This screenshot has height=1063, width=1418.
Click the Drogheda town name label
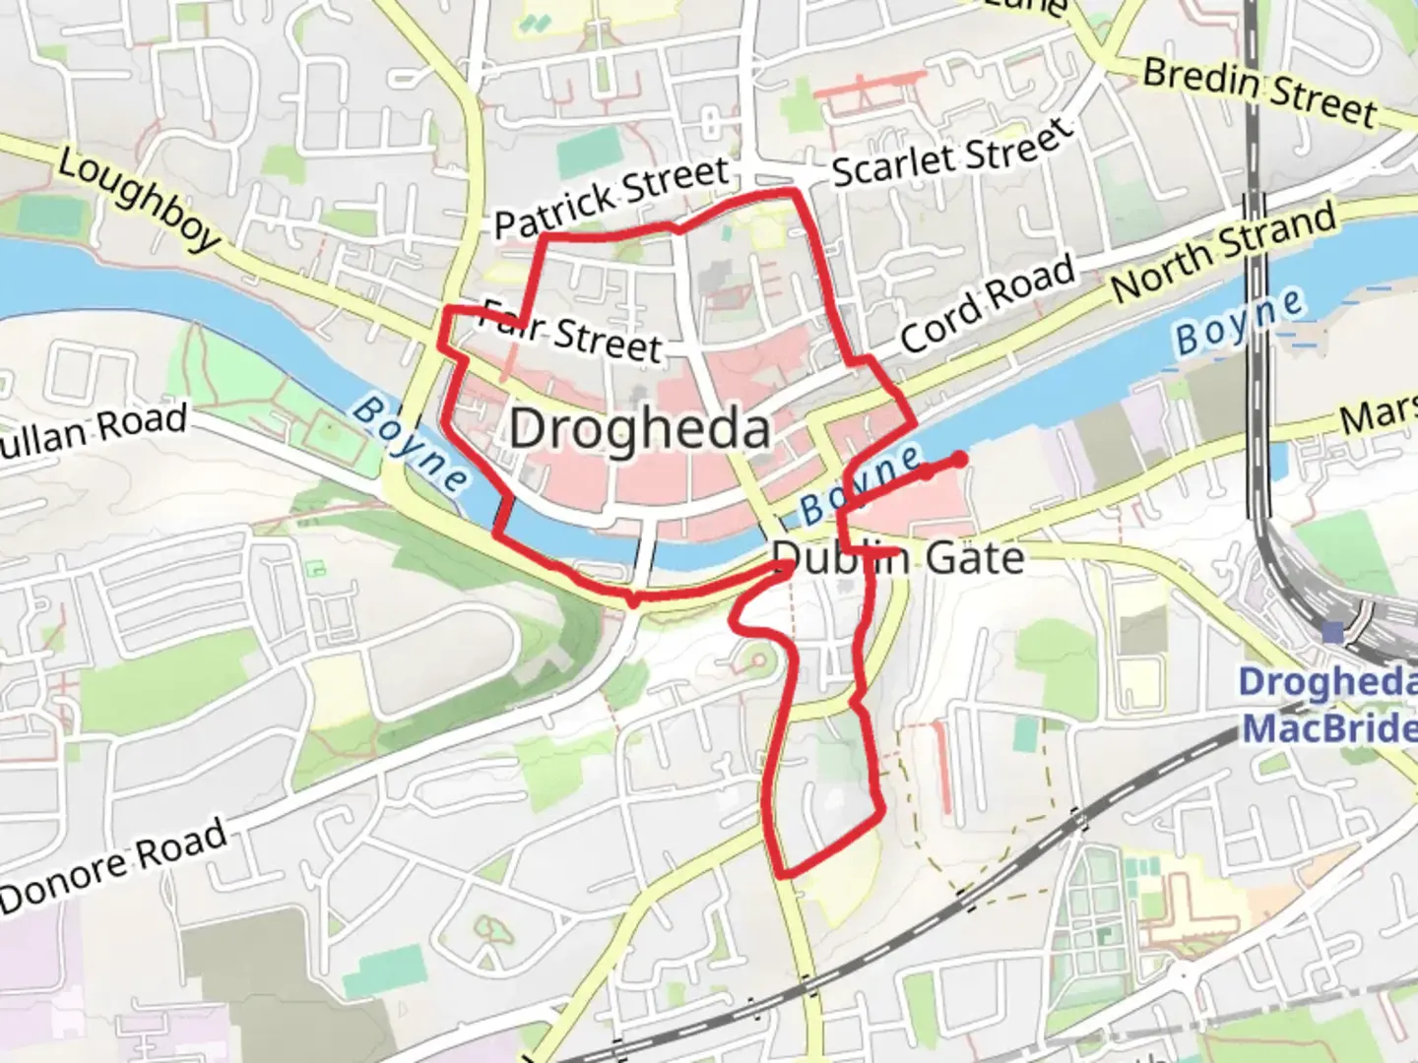639,429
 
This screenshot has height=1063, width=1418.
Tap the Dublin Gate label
898,558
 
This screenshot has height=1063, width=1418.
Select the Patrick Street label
611,197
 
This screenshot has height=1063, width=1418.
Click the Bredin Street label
1258,92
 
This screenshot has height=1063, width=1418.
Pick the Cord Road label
987,304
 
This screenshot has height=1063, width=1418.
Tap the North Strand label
1224,251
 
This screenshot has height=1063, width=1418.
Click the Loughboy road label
138,199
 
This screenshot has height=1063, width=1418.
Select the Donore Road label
114,866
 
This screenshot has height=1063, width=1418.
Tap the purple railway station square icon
1332,632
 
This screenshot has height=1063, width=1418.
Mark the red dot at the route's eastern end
958,459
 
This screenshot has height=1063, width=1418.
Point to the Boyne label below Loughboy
412,444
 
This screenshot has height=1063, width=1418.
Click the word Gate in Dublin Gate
975,558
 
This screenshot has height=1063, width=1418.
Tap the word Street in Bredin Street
1320,102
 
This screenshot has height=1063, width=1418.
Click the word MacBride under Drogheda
1329,728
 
